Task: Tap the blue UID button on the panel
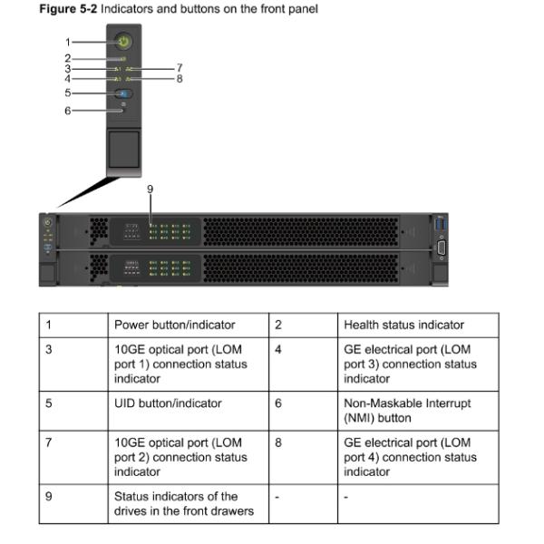tap(124, 93)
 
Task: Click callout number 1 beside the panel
tap(67, 42)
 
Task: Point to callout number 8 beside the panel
tap(180, 79)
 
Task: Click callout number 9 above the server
tap(150, 189)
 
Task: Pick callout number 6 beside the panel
tap(67, 111)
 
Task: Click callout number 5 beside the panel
tap(67, 93)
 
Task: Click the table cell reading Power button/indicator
tap(174, 325)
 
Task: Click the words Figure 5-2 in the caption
tap(69, 9)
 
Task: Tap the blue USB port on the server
tap(442, 223)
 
